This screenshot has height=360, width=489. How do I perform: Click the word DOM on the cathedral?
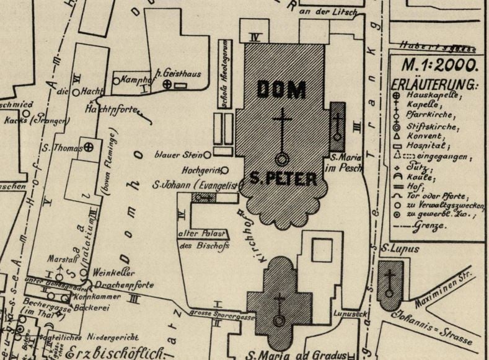281,90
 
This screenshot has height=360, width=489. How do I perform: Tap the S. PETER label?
283,180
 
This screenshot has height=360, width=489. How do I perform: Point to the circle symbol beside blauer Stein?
208,154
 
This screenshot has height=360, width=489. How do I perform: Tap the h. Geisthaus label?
178,74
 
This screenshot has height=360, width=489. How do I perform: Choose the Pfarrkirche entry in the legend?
429,115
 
